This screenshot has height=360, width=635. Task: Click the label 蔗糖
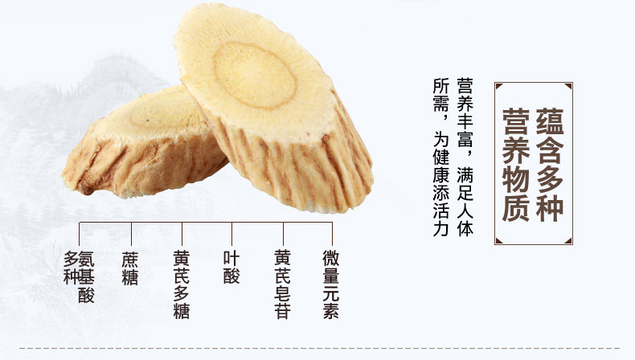[129, 269]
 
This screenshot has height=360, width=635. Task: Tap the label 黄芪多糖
[182, 284]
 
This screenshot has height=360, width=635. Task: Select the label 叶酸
[231, 269]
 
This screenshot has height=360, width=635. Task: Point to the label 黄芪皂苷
[282, 284]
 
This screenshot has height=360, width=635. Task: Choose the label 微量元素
[331, 284]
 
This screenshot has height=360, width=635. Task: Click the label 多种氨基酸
[80, 276]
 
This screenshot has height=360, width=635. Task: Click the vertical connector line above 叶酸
[231, 234]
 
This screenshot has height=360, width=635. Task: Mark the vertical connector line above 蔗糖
[129, 234]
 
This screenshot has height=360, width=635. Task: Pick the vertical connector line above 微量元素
[331, 234]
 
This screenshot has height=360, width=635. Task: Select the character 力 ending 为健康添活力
[440, 229]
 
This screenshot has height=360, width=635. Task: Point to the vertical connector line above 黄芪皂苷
[282, 234]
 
